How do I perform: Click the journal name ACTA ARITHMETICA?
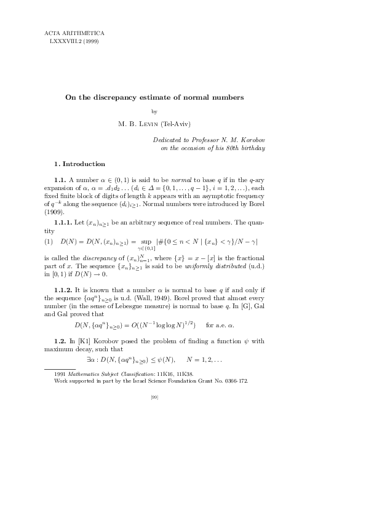[74, 32]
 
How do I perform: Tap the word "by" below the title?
[154, 111]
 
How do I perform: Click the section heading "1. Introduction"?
[80, 164]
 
